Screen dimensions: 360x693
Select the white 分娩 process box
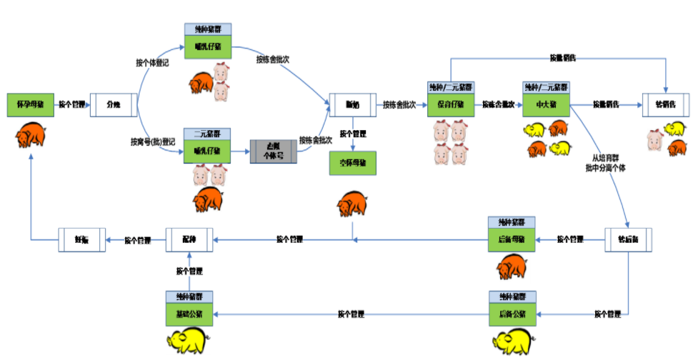(113, 105)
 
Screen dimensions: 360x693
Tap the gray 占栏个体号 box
(273, 152)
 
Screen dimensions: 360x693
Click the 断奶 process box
(352, 105)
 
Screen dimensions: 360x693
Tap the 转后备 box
(629, 239)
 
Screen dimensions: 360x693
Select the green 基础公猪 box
(189, 314)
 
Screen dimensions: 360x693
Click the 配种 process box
(189, 239)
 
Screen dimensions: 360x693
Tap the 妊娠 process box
(81, 239)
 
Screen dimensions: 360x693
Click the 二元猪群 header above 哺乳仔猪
(207, 133)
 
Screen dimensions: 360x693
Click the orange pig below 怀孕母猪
(31, 134)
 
